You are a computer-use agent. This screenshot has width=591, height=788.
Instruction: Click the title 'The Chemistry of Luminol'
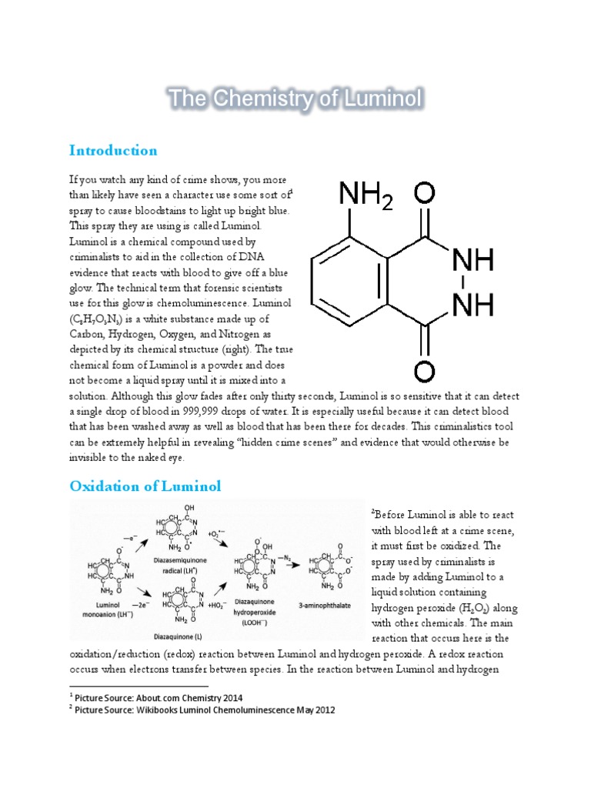295,98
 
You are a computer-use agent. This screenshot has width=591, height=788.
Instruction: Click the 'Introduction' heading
113,150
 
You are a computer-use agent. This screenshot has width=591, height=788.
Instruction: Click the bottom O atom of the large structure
425,371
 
